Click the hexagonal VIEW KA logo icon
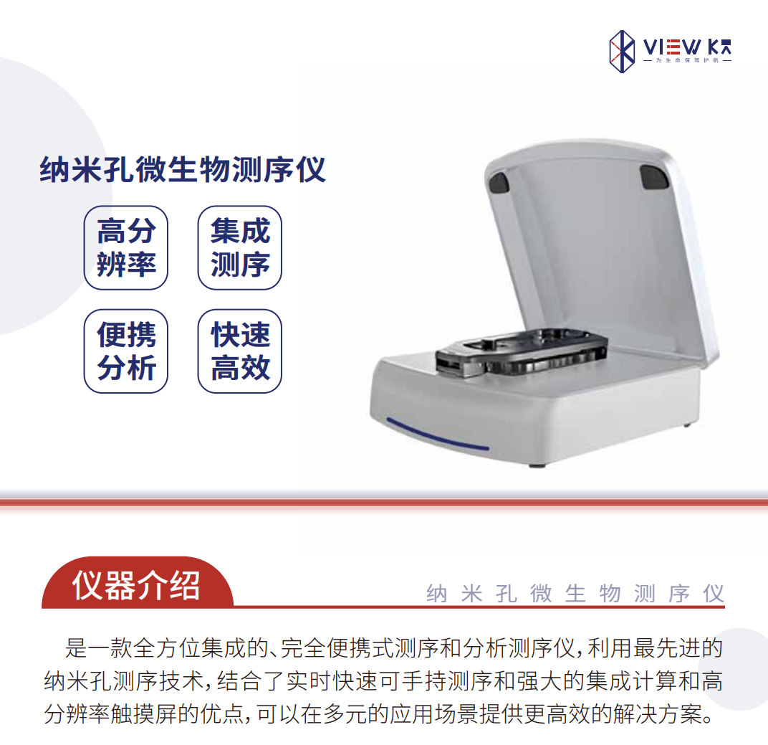622,52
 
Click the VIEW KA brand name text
688,47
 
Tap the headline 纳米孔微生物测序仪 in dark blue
182,170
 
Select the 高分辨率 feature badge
126,247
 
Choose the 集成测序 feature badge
239,247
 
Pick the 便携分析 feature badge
126,351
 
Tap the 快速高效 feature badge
239,351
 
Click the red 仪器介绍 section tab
137,583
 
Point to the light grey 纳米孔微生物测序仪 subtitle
575,594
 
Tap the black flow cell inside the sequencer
522,352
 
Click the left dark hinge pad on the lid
499,182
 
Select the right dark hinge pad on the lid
654,176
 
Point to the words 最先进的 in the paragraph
678,648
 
